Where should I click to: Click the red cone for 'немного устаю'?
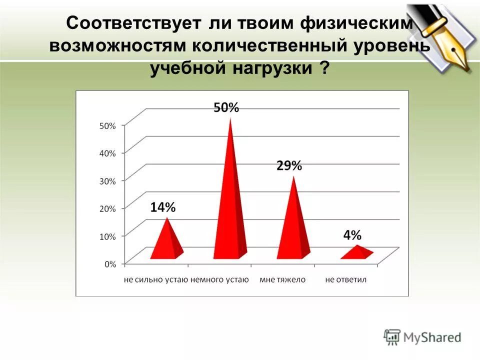(230, 210)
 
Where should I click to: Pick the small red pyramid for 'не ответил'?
(357, 252)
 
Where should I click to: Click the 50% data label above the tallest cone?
(226, 107)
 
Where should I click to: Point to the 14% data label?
(163, 207)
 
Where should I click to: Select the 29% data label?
(289, 166)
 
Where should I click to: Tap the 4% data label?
(352, 235)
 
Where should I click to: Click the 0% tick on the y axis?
(110, 263)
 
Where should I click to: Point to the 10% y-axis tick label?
(107, 236)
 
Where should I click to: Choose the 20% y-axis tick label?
(107, 208)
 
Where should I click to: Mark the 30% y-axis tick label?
(107, 181)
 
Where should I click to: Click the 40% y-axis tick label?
(107, 153)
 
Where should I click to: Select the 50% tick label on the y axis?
(107, 126)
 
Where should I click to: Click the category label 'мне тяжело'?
(282, 279)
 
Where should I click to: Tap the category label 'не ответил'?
(345, 279)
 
